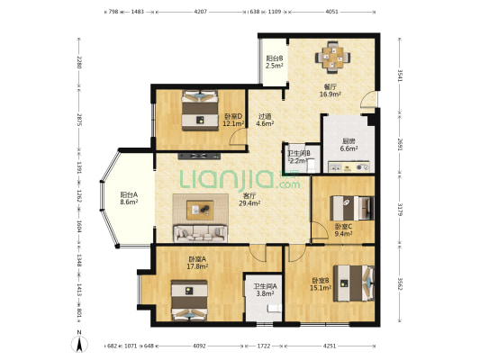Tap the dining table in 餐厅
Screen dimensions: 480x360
coord(332,58)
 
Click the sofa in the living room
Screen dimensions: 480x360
coord(201,234)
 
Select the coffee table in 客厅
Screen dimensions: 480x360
coord(200,210)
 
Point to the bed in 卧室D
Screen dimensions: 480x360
coord(200,110)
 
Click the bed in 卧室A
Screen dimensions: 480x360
coord(189,301)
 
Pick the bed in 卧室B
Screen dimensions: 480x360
coord(354,283)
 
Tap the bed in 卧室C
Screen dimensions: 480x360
coord(352,208)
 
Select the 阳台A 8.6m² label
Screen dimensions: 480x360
coord(129,198)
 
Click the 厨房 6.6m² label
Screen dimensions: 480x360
coord(349,145)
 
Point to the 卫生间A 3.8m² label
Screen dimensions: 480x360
coord(265,290)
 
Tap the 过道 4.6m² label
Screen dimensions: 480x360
coord(265,120)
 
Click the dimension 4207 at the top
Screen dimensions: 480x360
coord(201,12)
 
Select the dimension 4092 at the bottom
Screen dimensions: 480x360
coord(199,346)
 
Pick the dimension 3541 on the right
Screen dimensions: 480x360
coord(401,76)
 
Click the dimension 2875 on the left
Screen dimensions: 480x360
coord(79,120)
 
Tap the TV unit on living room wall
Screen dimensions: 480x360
coord(199,156)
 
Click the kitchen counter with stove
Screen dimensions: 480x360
coord(349,167)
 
